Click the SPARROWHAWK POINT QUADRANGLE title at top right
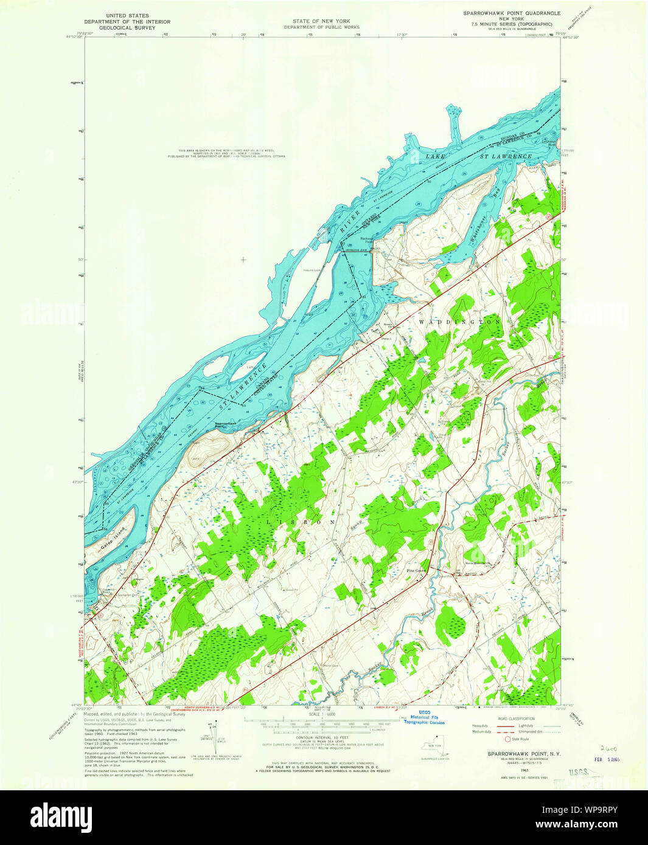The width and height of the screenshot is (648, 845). point(512,13)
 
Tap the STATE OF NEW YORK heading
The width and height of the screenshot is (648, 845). point(321,21)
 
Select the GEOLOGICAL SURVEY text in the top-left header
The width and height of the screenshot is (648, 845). point(127,27)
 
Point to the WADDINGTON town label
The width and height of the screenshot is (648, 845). point(460,322)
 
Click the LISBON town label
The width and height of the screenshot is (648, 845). point(301,522)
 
